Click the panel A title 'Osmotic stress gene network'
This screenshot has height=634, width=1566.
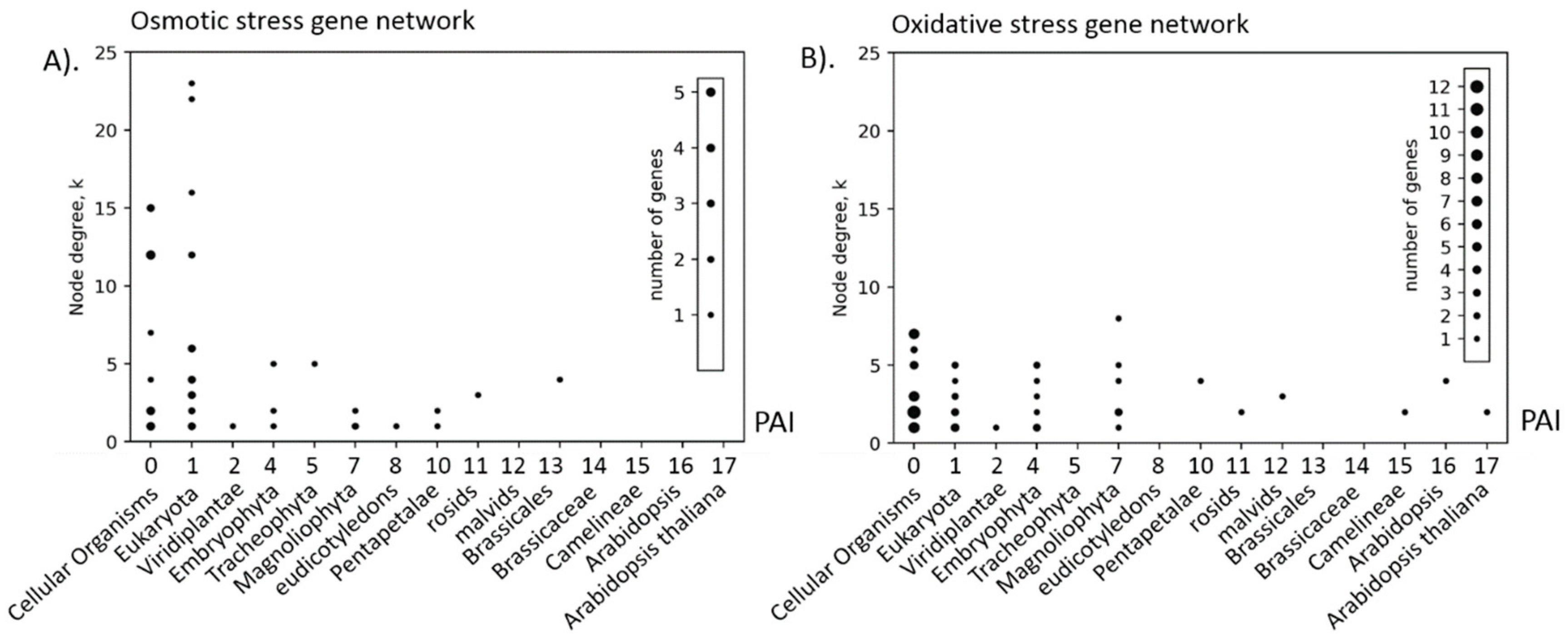(x=302, y=21)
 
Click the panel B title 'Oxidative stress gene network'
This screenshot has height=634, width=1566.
(x=1070, y=24)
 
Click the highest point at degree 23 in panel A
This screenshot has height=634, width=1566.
(x=192, y=83)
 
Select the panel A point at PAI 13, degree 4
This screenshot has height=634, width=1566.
(x=560, y=379)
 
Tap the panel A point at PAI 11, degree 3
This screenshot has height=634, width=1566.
(x=478, y=395)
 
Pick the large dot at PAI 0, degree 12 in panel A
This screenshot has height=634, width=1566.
(x=151, y=255)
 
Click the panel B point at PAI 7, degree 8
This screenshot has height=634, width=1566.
(x=1118, y=318)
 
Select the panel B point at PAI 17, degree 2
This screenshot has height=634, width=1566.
(x=1487, y=412)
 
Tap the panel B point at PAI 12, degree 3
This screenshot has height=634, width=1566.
(x=1282, y=396)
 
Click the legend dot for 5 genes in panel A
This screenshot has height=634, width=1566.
(x=711, y=92)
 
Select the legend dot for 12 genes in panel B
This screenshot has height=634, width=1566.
(x=1477, y=87)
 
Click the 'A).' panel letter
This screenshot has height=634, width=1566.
(x=61, y=61)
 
